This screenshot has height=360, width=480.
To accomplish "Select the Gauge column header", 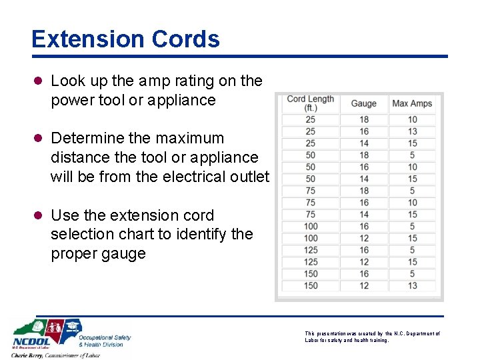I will click(x=364, y=103).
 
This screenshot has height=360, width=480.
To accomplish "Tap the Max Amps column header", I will click(x=412, y=103).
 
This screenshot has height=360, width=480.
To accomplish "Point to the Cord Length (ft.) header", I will click(x=310, y=103).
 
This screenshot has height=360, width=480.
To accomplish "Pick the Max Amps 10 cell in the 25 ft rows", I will click(x=413, y=120).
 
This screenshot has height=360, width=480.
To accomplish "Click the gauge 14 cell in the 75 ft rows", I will click(x=364, y=215).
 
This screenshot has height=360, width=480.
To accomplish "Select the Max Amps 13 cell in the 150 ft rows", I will click(x=413, y=286).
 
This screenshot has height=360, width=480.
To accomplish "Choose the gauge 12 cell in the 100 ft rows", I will click(x=364, y=239).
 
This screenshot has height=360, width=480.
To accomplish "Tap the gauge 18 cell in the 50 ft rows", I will click(x=364, y=155).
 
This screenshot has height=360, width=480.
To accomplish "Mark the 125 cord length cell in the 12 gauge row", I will click(x=311, y=262).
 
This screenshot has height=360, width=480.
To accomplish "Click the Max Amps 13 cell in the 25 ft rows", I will click(x=413, y=131).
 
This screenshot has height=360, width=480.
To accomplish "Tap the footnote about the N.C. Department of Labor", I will click(x=371, y=337).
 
